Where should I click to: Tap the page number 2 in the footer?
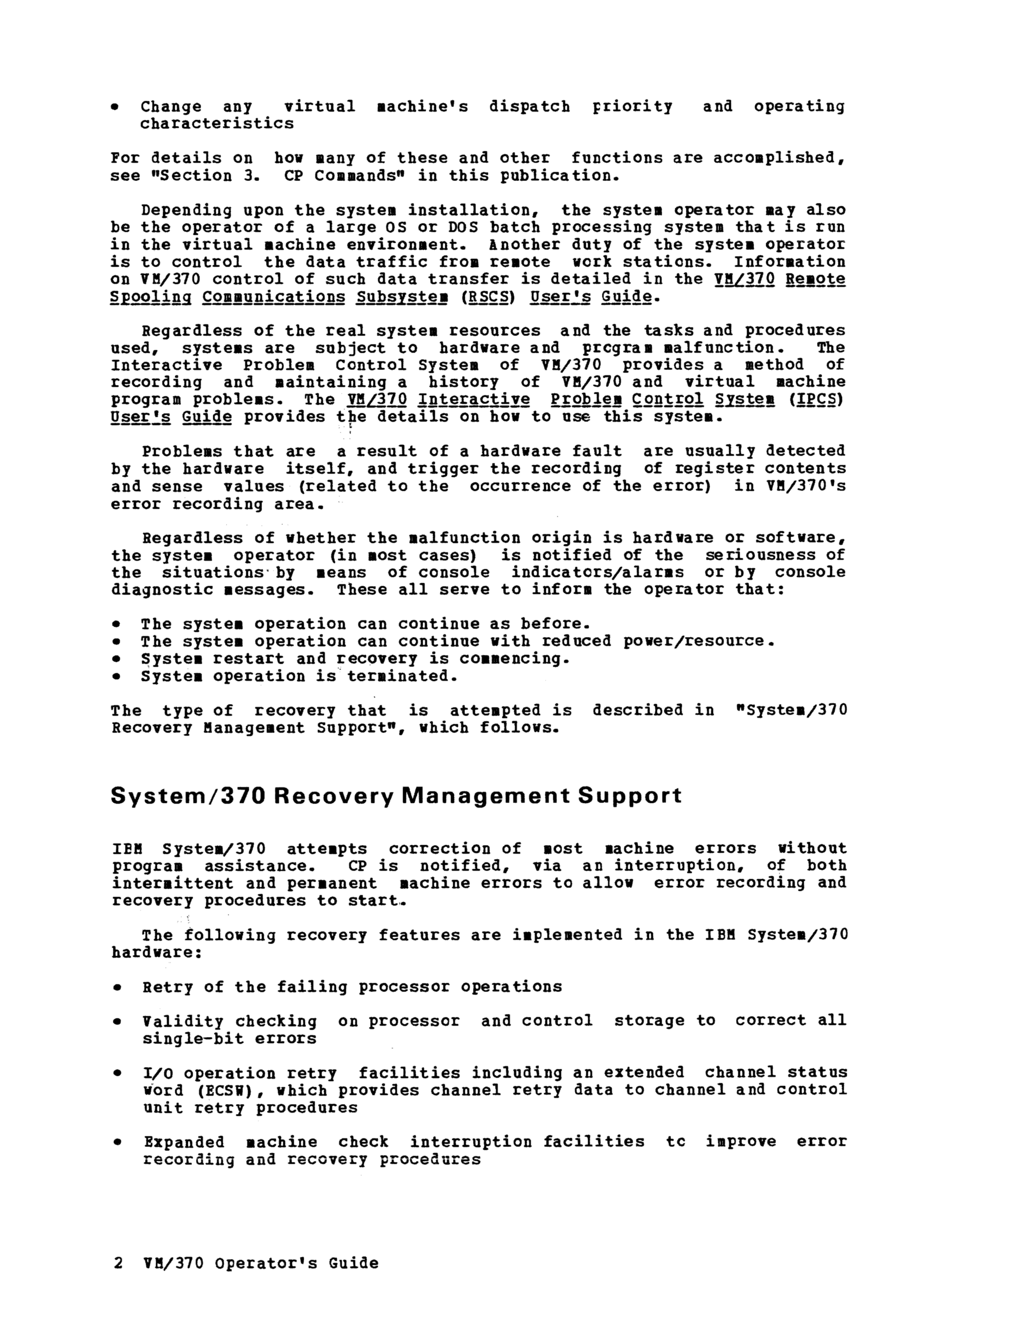118,1263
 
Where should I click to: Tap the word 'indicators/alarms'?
597,573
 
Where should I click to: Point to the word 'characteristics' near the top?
217,124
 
